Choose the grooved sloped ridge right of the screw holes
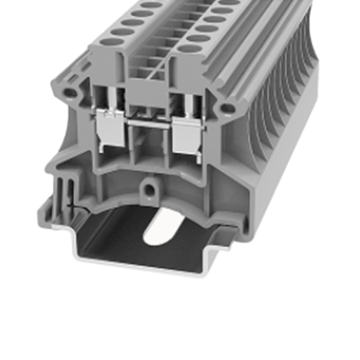[x=240, y=54]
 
